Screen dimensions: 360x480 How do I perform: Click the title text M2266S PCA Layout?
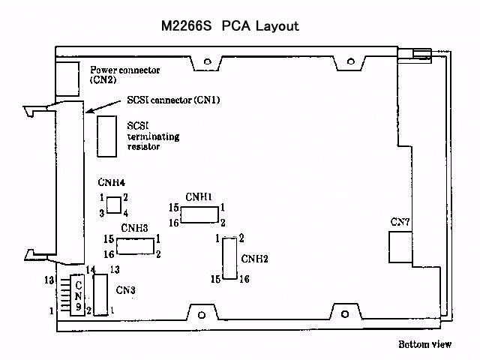229,26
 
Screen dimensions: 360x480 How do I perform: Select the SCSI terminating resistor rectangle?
106,136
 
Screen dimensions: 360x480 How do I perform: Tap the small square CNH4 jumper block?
114,205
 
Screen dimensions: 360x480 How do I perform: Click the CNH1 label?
199,196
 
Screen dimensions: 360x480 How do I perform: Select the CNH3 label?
135,228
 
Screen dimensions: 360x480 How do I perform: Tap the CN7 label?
400,222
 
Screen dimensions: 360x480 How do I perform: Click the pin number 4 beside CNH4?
126,214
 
